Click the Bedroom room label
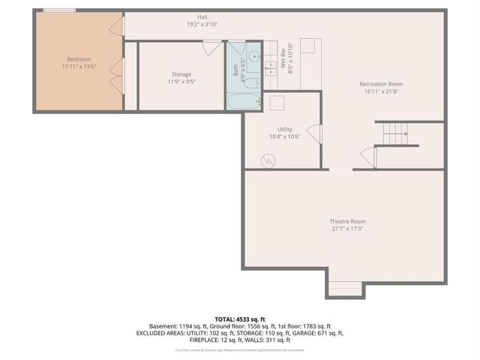tap(79, 58)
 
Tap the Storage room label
tap(181, 73)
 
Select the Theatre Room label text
tap(347, 221)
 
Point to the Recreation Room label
tap(381, 83)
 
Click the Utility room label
tap(284, 129)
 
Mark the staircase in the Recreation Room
tap(395, 134)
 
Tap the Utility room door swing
tap(313, 135)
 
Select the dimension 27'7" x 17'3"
tap(347, 229)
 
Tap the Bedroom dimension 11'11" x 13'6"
tap(79, 67)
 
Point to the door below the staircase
tap(367, 158)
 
